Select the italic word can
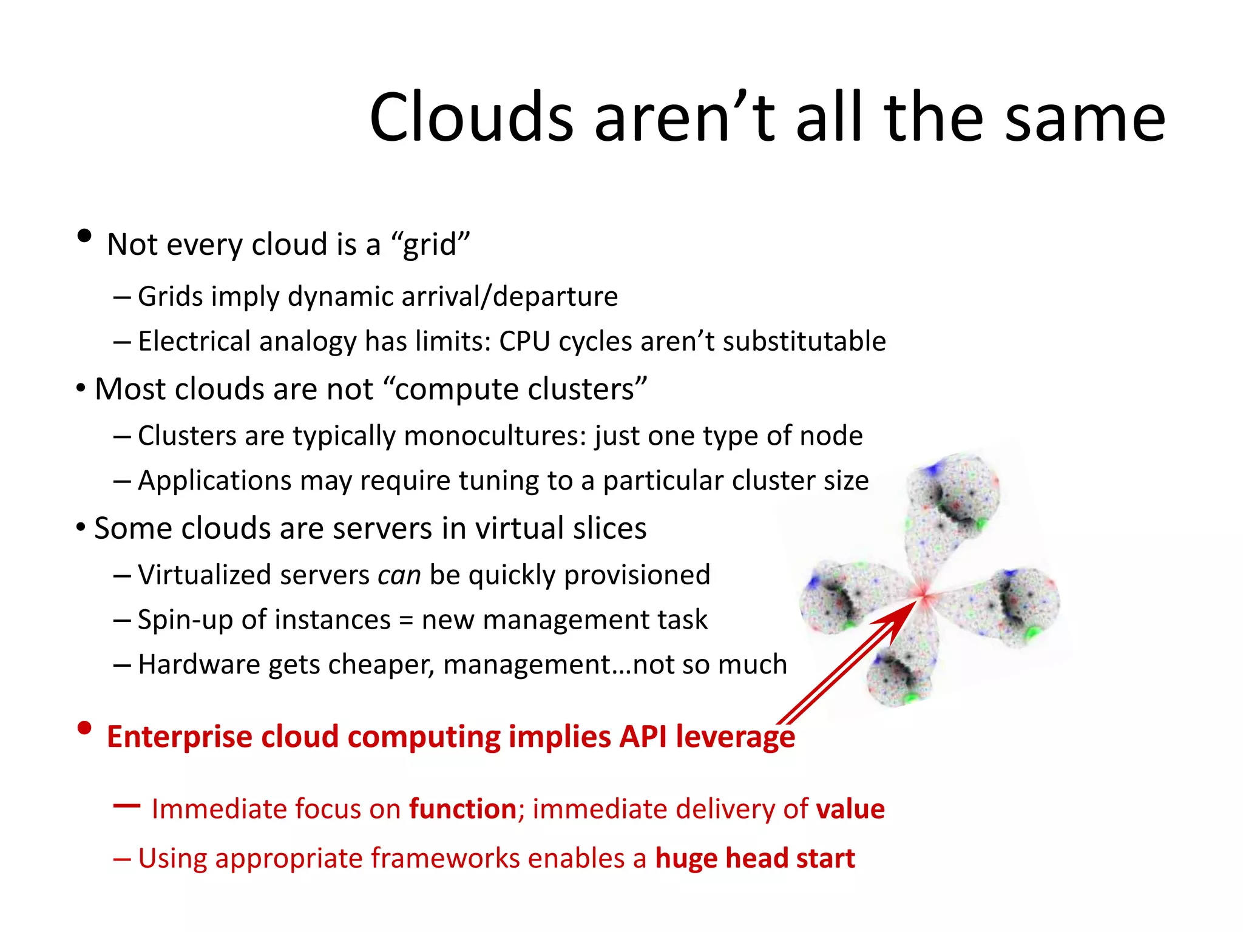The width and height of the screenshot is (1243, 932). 399,575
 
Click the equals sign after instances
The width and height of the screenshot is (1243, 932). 405,620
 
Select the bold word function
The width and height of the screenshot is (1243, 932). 462,809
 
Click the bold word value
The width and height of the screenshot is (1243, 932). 850,809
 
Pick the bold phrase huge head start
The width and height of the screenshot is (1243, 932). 754,859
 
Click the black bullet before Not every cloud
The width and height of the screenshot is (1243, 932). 84,235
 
